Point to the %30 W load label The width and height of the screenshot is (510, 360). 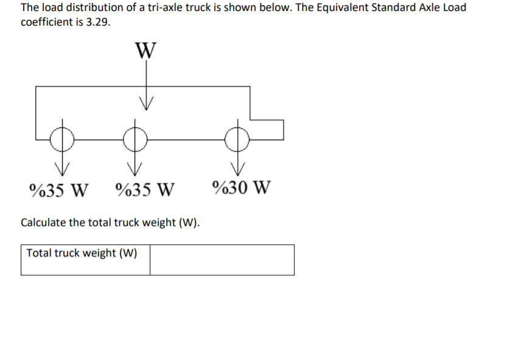242,186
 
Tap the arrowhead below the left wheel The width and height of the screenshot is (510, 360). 61,168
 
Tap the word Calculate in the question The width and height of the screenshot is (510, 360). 43,222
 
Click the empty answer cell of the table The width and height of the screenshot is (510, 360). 222,260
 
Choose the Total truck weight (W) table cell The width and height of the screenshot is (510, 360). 85,260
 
